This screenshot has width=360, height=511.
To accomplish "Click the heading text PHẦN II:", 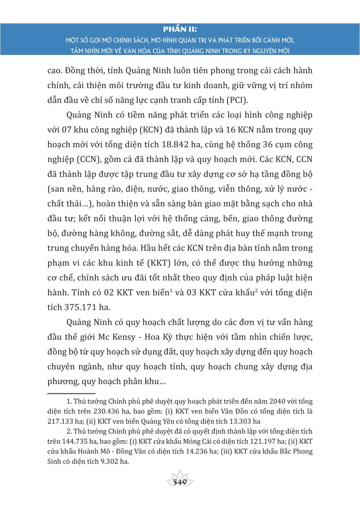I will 180,30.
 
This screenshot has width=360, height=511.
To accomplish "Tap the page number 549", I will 180,482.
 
